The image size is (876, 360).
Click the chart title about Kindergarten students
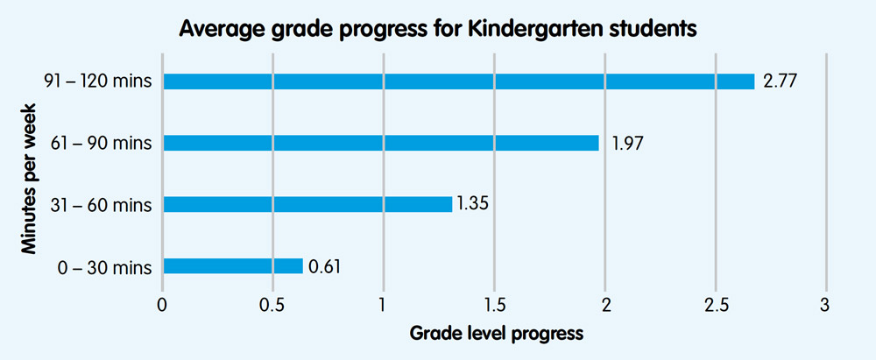pos(437,29)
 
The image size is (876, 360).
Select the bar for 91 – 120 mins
pos(458,81)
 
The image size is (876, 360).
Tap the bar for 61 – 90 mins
pos(381,143)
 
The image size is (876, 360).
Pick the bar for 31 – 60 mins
pos(307,204)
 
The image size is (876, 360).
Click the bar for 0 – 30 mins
pos(233,265)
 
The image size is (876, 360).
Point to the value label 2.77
pos(779,81)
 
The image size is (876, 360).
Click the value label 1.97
pos(627,143)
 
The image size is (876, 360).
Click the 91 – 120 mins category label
pos(99,81)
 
